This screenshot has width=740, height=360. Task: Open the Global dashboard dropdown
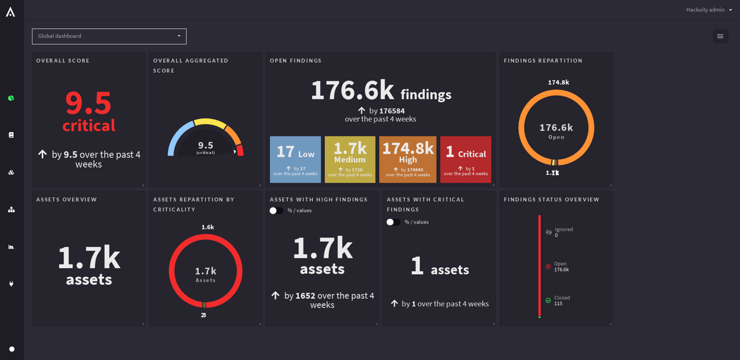coord(109,36)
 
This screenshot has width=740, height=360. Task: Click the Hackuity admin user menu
coord(709,10)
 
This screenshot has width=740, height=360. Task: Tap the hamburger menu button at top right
coord(720,36)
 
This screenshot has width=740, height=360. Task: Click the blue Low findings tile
coord(295,159)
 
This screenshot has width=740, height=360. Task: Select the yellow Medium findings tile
coord(350,159)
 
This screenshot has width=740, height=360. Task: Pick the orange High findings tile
coord(408,159)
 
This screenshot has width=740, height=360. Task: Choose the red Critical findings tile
coord(465,159)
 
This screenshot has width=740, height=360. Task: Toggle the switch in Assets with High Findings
coord(276,211)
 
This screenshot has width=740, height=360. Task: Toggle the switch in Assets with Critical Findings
coord(393,222)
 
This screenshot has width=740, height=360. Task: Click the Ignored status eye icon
coord(549,232)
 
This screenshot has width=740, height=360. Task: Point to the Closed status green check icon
coord(548,300)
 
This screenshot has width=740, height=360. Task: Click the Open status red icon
coord(548,266)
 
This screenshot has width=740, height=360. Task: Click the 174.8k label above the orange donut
coord(558,83)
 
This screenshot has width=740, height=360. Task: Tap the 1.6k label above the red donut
coord(208,227)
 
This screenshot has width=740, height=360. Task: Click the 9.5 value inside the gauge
coord(206,146)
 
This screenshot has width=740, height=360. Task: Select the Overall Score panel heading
coord(63,61)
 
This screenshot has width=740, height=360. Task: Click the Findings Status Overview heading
coord(552,199)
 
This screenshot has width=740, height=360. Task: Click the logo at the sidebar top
coord(10,12)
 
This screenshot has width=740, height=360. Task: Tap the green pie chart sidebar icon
coord(11,98)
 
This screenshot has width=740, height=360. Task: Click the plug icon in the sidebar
coord(11,284)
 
